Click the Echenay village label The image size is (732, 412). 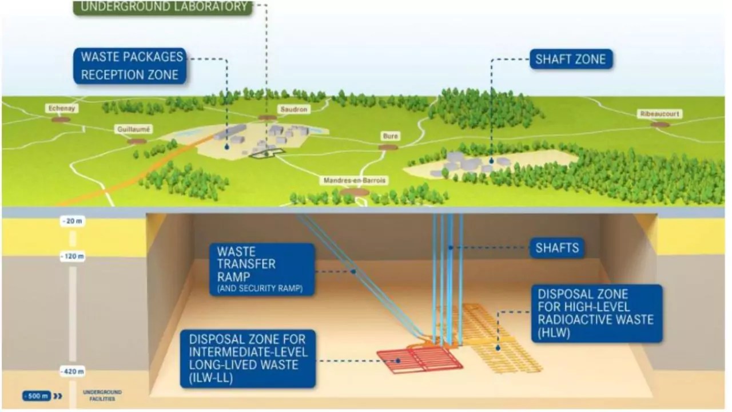point(60,108)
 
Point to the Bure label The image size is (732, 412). point(391,136)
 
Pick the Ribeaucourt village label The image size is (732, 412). point(659,114)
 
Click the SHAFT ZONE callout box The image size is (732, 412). point(570,59)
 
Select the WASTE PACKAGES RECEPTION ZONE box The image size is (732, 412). point(130,65)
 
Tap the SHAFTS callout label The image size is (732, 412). point(557,248)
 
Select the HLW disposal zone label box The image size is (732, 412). point(596,314)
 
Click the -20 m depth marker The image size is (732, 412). point(73,221)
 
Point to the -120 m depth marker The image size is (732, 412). point(73,256)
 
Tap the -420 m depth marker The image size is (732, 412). point(73,372)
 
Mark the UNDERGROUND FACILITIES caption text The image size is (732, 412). point(102,395)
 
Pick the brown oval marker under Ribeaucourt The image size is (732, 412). point(659,124)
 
